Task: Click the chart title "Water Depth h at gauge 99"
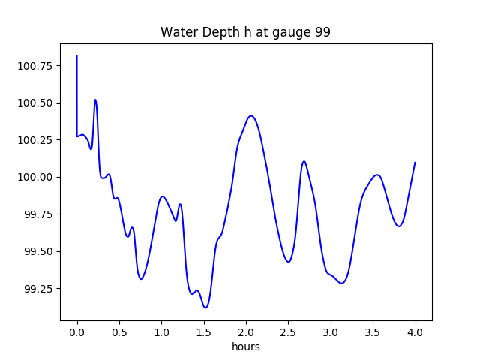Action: pos(245,32)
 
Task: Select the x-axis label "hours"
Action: pos(246,346)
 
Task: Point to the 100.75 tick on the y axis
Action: pos(34,66)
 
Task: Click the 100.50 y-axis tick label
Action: pos(34,103)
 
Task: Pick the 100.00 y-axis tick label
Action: pos(34,177)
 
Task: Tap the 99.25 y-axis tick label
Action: pos(38,288)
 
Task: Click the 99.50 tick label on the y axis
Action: pos(38,251)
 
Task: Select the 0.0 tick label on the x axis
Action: pos(77,332)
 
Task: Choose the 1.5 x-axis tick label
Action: pos(204,332)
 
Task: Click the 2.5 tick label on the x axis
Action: pos(288,332)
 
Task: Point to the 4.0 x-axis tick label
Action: pos(415,332)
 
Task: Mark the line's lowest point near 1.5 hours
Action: pos(205,307)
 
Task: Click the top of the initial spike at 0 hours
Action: pos(76,55)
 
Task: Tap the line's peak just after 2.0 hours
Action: pos(251,115)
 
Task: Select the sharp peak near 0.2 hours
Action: pos(95,100)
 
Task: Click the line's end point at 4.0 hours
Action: pos(415,162)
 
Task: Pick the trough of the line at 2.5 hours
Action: pos(288,262)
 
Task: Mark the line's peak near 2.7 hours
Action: pos(304,161)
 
